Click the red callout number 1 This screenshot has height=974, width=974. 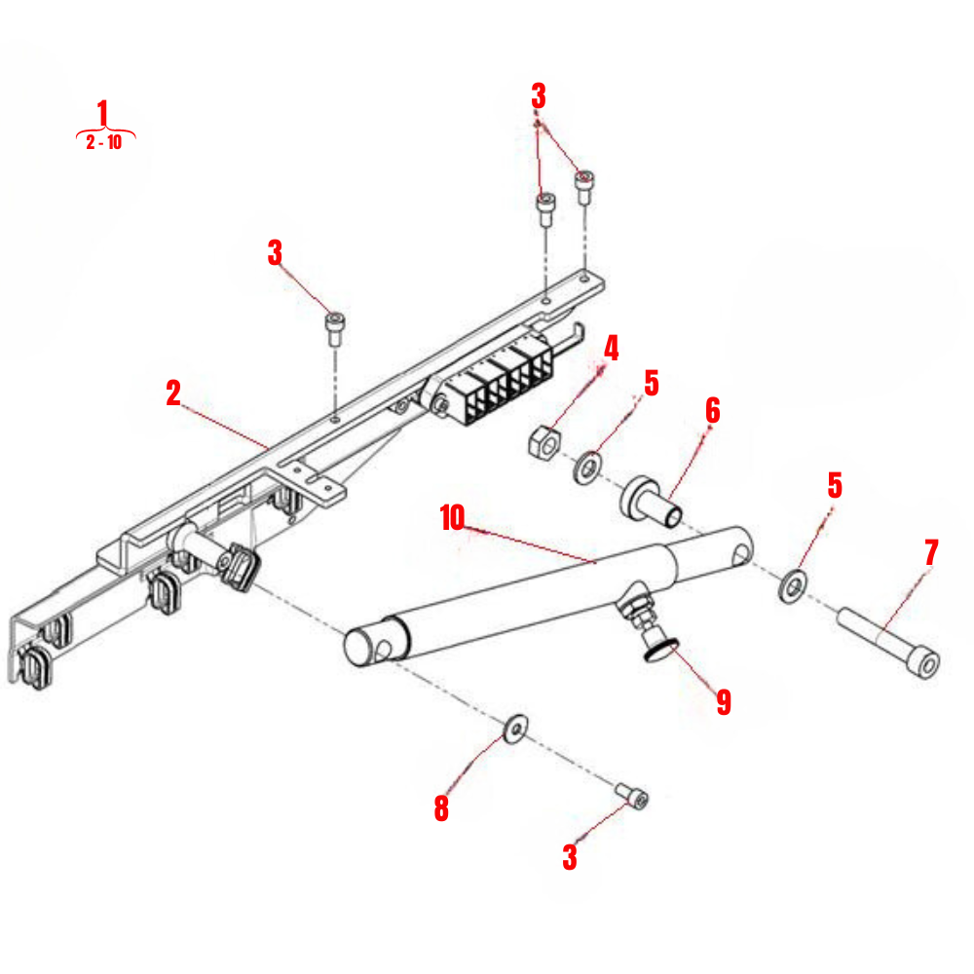[104, 112]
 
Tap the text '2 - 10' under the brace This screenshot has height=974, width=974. [104, 143]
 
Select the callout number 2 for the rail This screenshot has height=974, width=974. [173, 393]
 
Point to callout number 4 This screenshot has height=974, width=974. [611, 348]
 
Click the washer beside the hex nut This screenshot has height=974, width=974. [588, 468]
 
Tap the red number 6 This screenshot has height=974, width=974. [713, 410]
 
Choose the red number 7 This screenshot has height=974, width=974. [931, 552]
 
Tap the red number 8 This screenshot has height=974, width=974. [441, 808]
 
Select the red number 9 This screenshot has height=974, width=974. [724, 702]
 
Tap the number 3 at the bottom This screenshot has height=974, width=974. [570, 857]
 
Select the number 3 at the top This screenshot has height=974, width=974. [538, 95]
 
